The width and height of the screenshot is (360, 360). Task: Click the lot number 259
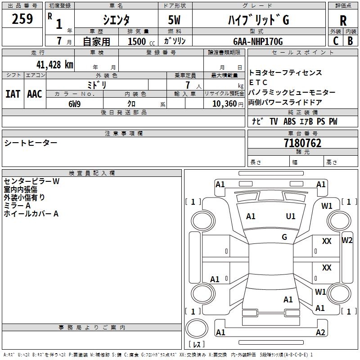click(22, 19)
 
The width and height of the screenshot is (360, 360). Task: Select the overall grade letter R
click(343, 21)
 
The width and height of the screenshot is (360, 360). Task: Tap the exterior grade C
click(335, 40)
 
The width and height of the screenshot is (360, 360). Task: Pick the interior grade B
click(351, 40)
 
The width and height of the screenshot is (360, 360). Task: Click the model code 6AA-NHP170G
click(258, 41)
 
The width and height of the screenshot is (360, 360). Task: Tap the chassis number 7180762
click(303, 143)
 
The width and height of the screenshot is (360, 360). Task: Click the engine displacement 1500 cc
click(139, 41)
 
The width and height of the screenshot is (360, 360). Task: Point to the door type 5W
click(174, 20)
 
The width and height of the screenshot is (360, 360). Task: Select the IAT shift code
click(13, 94)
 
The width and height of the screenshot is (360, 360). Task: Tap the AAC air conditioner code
click(35, 94)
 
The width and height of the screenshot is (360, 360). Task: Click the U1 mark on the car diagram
click(291, 216)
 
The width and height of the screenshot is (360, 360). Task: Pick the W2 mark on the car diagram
click(347, 240)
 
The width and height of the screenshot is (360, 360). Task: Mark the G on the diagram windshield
click(284, 237)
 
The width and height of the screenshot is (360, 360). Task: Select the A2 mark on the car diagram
click(320, 333)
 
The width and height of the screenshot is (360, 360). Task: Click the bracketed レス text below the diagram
click(196, 345)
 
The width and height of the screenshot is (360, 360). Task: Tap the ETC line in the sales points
click(258, 82)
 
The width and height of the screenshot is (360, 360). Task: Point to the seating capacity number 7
click(187, 85)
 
